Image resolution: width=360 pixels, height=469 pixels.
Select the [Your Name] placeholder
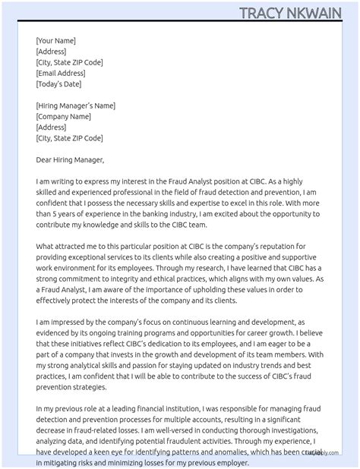(x=55, y=41)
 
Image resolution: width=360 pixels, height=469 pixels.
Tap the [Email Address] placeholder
(x=61, y=74)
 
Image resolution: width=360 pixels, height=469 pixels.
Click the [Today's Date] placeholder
(x=58, y=84)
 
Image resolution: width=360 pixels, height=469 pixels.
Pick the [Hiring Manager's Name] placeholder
(x=75, y=106)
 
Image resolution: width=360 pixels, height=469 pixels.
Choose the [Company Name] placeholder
(x=63, y=117)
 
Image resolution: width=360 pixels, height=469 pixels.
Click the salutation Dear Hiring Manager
(x=70, y=160)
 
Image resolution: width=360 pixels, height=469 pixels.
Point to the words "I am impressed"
(x=63, y=323)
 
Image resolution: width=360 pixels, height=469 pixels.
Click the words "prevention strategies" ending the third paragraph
(x=74, y=388)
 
